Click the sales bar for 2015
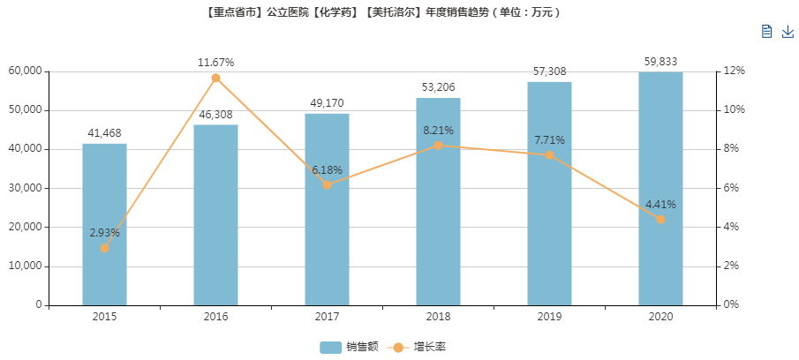104,224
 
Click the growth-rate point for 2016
215,79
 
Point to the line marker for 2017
327,184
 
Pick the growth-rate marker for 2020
660,219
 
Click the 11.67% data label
215,63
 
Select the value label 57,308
549,69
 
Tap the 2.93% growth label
104,233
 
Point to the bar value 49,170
327,103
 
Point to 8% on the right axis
736,149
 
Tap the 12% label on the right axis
736,71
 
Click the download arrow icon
788,32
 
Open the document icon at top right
766,32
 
